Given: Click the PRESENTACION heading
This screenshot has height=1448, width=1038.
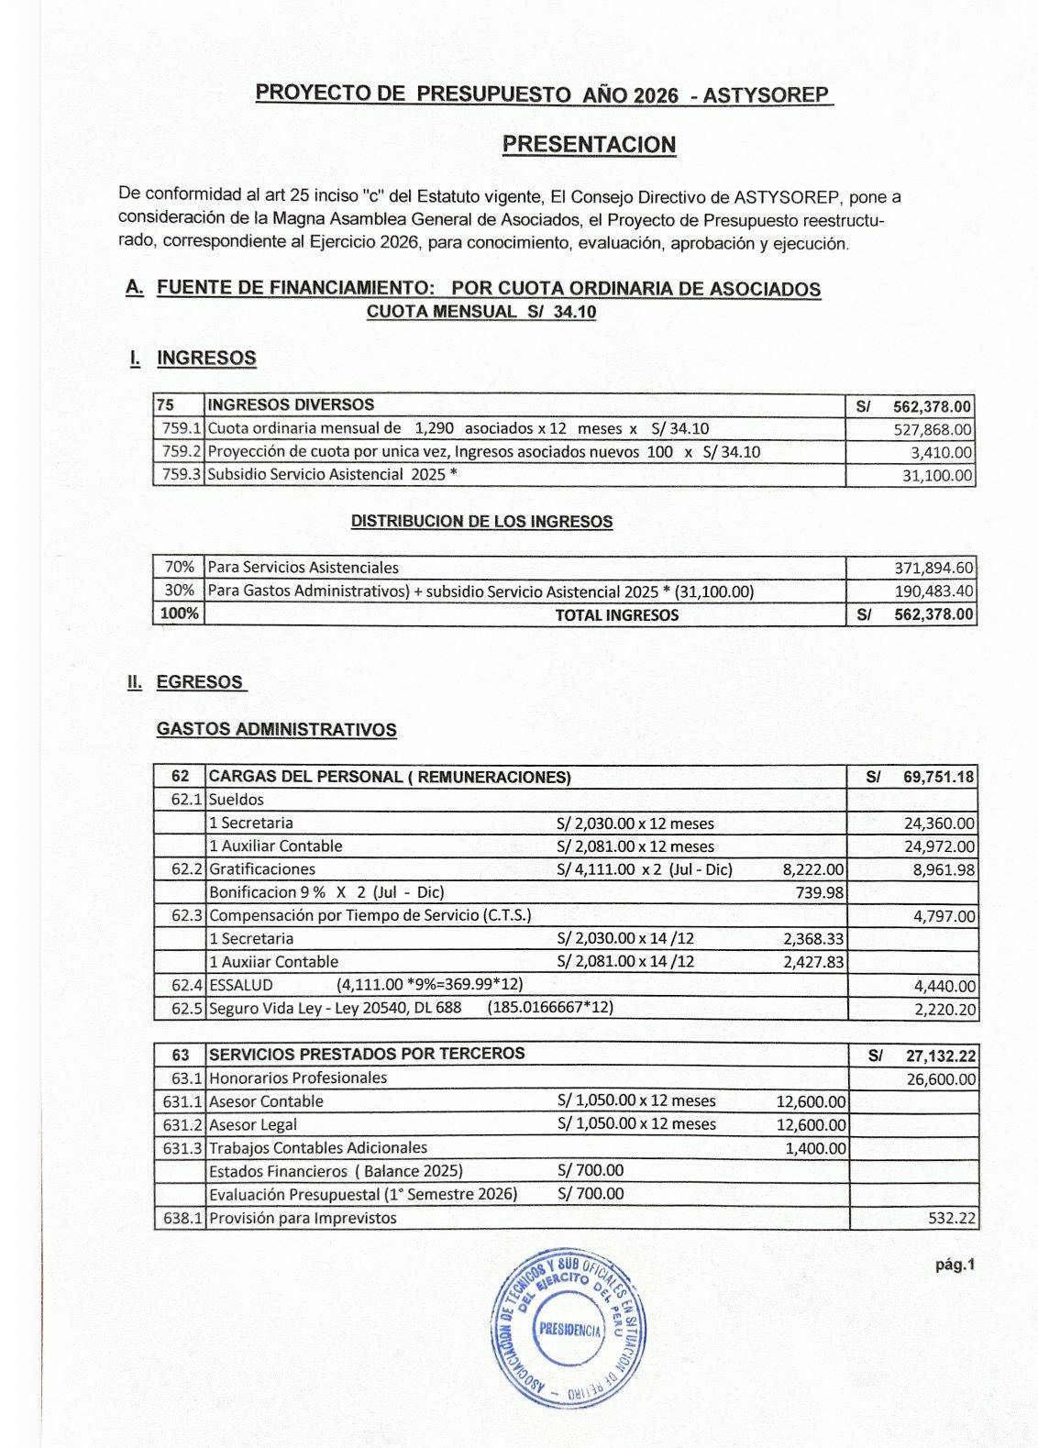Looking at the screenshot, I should (x=590, y=145).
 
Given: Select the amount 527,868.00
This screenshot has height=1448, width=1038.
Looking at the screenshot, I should (x=933, y=429).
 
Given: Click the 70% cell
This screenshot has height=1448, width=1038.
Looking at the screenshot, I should (x=179, y=568).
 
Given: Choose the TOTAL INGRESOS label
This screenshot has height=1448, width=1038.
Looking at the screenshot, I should (x=616, y=615).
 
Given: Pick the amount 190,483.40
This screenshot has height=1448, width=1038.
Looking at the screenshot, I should (x=933, y=591).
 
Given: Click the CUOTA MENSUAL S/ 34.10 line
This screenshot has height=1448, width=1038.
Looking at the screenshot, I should (x=480, y=312).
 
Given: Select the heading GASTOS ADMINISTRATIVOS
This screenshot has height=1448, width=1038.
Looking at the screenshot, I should (x=276, y=730).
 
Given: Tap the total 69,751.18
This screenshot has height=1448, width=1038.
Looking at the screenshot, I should (x=938, y=778).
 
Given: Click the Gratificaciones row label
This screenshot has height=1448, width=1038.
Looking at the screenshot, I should (x=262, y=869).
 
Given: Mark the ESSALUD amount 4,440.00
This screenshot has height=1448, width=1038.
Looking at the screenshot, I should (x=944, y=987).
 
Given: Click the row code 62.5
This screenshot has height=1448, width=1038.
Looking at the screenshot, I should (x=187, y=1009).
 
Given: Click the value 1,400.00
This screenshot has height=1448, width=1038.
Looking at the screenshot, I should (x=815, y=1148).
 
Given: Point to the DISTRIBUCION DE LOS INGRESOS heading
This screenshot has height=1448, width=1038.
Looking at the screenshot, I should (x=481, y=522).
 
